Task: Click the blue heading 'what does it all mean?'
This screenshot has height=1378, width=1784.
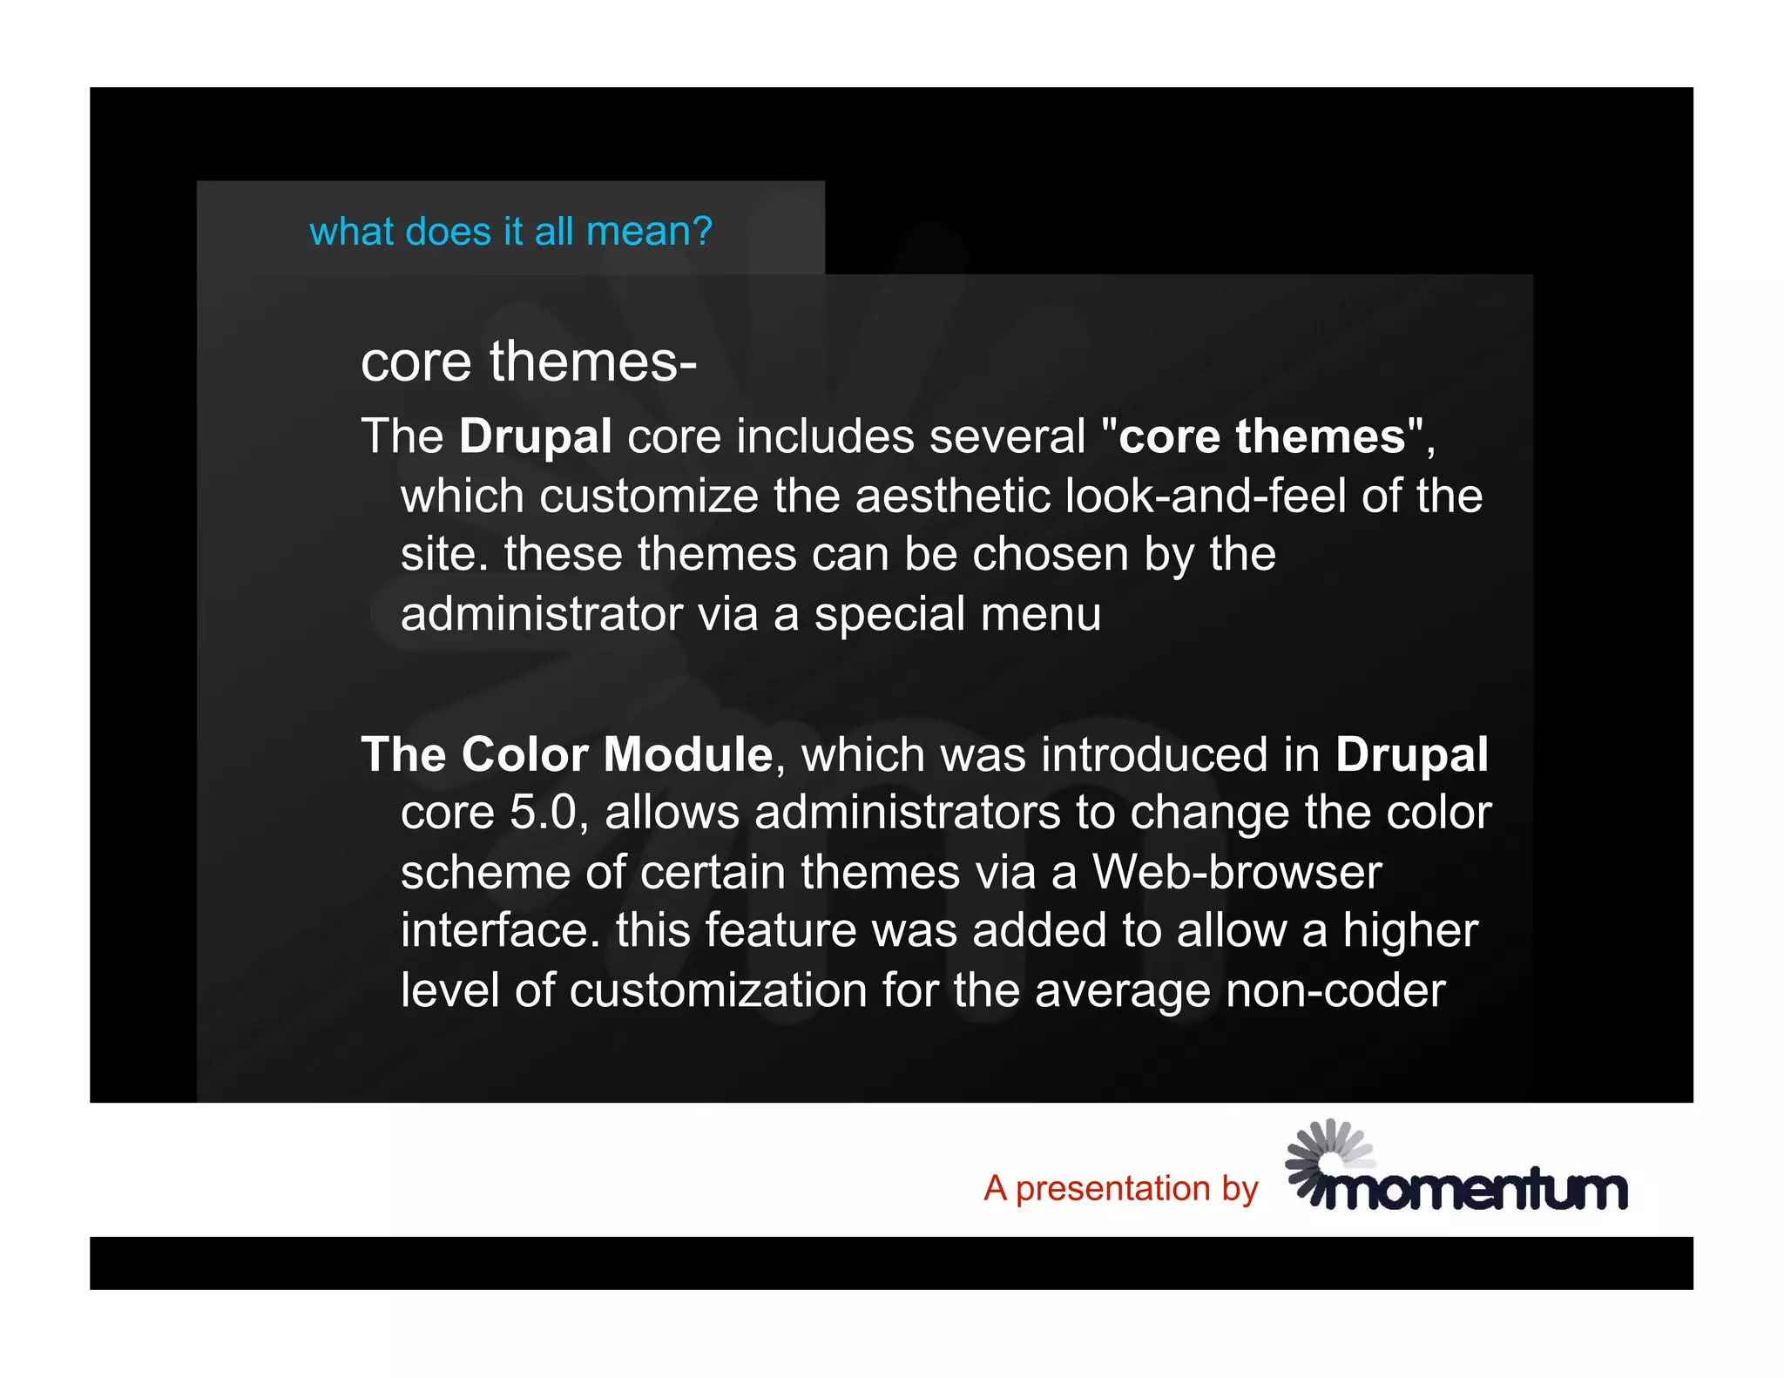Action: point(510,232)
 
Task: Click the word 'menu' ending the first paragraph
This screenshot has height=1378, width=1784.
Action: point(1041,615)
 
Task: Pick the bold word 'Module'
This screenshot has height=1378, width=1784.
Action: point(687,754)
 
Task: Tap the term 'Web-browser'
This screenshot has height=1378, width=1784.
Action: point(1237,872)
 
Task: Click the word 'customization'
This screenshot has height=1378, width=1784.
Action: point(718,991)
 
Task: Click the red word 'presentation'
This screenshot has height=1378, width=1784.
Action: point(1113,1190)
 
